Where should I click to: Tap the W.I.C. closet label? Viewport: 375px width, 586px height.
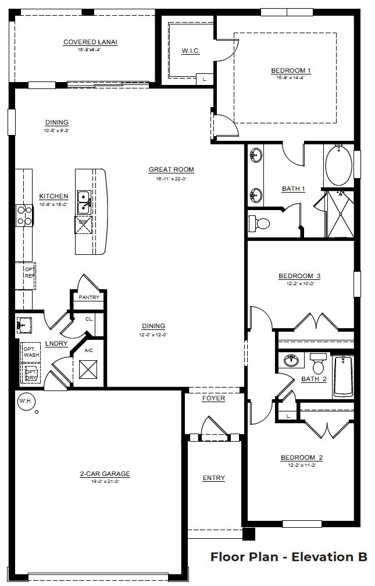click(191, 51)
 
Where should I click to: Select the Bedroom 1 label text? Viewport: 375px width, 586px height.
click(291, 71)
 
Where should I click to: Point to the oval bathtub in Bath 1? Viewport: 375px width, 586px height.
click(338, 166)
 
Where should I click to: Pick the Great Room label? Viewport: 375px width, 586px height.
click(171, 170)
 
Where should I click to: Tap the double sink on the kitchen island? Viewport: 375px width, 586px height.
click(84, 201)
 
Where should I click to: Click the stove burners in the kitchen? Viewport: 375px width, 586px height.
click(24, 215)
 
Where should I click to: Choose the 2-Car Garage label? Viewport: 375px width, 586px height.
click(105, 474)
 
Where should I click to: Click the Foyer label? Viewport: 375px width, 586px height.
click(213, 399)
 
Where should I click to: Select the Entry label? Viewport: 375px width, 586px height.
click(213, 478)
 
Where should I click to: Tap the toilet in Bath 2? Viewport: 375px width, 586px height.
click(318, 364)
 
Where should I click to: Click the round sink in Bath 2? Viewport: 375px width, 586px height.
click(291, 361)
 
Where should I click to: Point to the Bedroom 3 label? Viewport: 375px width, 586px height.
click(299, 276)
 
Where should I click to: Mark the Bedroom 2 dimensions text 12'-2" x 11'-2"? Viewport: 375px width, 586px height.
click(301, 466)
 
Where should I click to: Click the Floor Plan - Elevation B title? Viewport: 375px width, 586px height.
click(288, 557)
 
